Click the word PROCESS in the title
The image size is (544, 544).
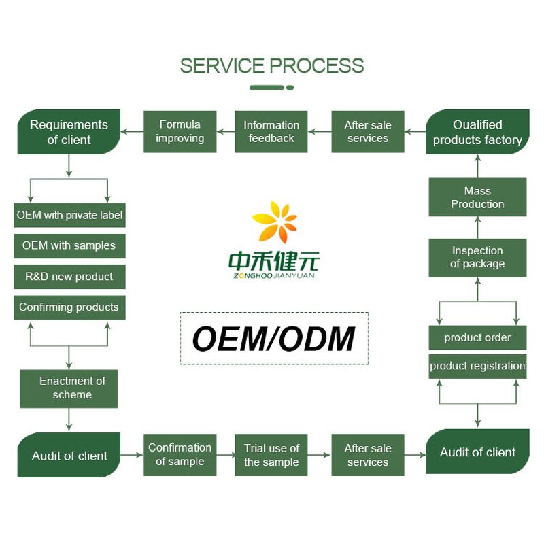(318, 66)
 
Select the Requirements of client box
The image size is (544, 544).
(68, 132)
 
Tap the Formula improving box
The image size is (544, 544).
(180, 132)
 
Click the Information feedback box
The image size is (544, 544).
(271, 132)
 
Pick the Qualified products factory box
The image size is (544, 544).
(477, 132)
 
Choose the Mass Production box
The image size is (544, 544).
(477, 197)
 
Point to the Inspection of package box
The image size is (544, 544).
(477, 257)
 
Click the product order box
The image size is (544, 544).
(477, 337)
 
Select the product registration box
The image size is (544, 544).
(477, 366)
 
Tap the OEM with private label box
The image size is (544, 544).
(69, 215)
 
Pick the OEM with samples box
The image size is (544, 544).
(69, 245)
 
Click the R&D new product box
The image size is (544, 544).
(69, 277)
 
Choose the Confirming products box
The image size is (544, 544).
(69, 307)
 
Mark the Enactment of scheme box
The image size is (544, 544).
(69, 388)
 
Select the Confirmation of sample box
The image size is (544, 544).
(180, 455)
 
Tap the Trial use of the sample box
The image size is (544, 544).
(271, 455)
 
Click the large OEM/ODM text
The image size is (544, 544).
(273, 339)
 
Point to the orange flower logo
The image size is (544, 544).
(274, 222)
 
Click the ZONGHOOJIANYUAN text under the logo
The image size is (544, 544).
(273, 275)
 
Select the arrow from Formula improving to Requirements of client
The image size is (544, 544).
(132, 132)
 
